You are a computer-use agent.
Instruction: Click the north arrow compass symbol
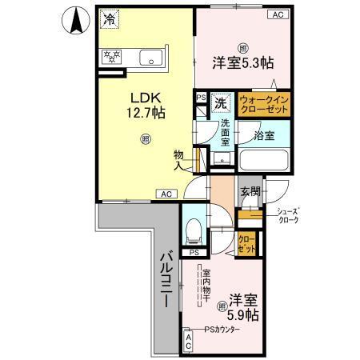[x=74, y=21]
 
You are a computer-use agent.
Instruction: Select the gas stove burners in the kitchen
[x=110, y=57]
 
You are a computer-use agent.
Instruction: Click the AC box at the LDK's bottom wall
[x=166, y=194]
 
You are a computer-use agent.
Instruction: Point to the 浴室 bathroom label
[x=263, y=135]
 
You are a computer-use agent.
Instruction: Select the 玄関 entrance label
[x=249, y=192]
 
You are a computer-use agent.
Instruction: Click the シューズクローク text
[x=287, y=216]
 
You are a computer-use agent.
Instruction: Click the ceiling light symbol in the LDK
[x=145, y=140]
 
